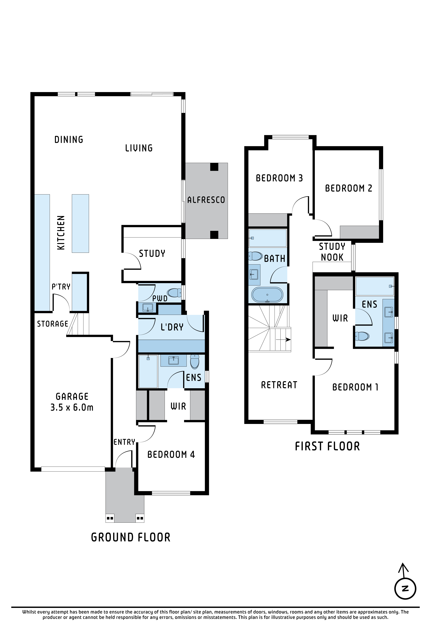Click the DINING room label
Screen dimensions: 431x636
[69, 140]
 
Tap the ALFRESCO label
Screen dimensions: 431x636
[206, 200]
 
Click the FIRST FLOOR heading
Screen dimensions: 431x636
[327, 446]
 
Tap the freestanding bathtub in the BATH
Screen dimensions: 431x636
[267, 295]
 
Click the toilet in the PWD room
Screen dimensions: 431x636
[174, 293]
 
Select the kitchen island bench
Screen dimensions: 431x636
[81, 223]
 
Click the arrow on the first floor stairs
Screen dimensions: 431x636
[283, 340]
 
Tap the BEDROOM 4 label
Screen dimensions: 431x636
[171, 455]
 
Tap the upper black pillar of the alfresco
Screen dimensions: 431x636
[214, 167]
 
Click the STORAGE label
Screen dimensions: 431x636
[53, 324]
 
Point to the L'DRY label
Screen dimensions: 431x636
[172, 327]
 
